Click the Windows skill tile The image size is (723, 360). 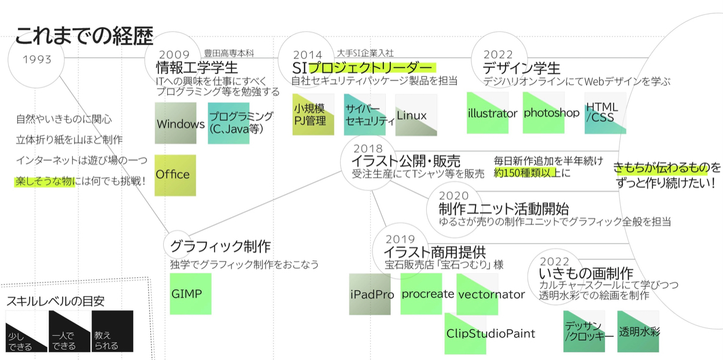point(176,123)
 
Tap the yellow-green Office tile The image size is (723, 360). point(175,175)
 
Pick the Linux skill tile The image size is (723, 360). point(416,116)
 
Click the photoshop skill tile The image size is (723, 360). point(543,113)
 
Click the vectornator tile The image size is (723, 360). point(477,294)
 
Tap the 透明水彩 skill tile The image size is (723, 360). point(638,332)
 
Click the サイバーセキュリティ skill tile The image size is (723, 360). point(364,115)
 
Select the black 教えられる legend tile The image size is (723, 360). point(112,332)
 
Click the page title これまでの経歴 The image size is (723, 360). point(84,36)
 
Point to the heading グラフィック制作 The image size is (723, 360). point(220,247)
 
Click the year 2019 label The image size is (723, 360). point(400,238)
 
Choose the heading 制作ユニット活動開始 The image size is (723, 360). point(503,208)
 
